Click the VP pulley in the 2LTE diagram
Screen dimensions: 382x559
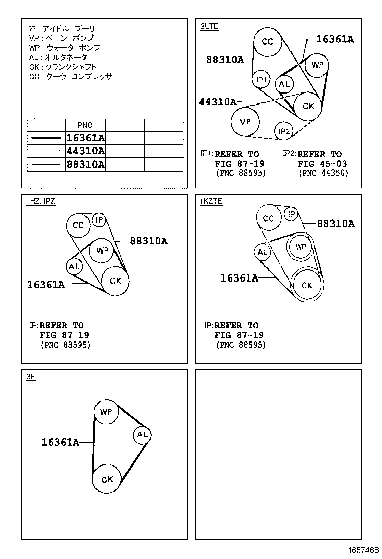[245, 122]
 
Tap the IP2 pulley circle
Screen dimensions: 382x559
[283, 131]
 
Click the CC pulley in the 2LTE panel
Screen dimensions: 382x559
[267, 42]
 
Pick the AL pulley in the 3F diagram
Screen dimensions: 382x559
[142, 434]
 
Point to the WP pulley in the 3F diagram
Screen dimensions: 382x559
[106, 412]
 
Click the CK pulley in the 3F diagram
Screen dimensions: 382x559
[107, 479]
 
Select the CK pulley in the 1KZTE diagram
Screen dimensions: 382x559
[307, 285]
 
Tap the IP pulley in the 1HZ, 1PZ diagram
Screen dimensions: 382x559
[99, 220]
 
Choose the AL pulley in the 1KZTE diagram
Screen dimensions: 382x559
[262, 252]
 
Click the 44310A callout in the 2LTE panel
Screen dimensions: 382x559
[217, 102]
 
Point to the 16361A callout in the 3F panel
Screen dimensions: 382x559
[60, 442]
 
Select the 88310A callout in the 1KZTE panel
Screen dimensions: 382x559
[336, 224]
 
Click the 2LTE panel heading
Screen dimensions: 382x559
[209, 26]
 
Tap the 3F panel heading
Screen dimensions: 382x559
[31, 377]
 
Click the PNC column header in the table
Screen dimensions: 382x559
[85, 125]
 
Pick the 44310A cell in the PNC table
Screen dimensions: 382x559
[85, 151]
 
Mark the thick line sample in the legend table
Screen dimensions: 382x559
[46, 138]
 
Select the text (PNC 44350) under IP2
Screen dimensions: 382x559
[323, 173]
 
